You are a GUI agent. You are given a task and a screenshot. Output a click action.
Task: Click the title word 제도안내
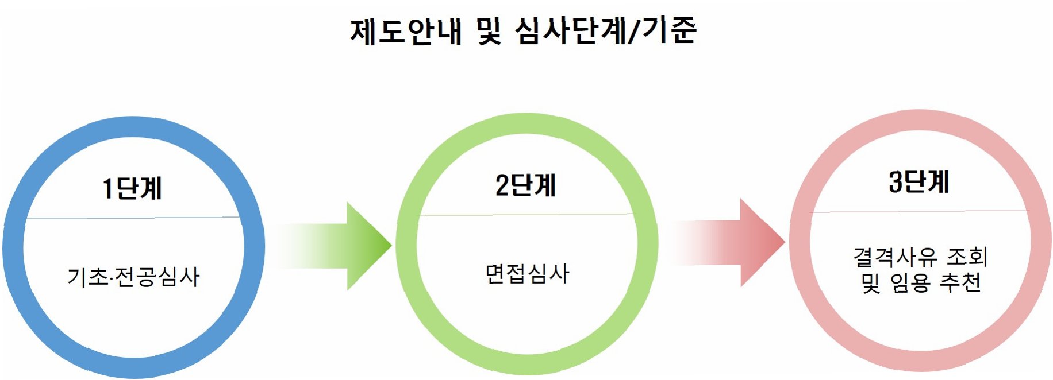[x=406, y=31]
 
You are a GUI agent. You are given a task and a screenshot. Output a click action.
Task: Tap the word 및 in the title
[x=489, y=31]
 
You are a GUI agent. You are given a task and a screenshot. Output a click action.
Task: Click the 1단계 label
[x=133, y=188]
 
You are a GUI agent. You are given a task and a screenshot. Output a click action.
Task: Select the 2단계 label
[x=526, y=185]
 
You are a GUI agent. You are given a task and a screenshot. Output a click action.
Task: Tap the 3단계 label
[x=919, y=182]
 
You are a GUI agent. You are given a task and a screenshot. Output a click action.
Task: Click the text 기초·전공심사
[x=133, y=277]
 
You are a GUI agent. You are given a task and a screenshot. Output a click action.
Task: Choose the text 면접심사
[x=527, y=274]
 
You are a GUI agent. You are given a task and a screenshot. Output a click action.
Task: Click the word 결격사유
[x=895, y=257]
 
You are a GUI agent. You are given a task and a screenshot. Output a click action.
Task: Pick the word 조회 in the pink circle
[x=967, y=257]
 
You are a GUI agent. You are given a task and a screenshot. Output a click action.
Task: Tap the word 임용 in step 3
[x=910, y=282]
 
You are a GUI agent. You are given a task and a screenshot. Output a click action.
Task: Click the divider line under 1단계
[x=133, y=218]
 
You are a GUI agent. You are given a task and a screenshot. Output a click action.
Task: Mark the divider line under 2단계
[x=526, y=215]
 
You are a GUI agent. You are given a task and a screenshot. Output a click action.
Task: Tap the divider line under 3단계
[x=919, y=211]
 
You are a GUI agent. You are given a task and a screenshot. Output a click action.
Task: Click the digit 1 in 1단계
[x=107, y=188]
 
